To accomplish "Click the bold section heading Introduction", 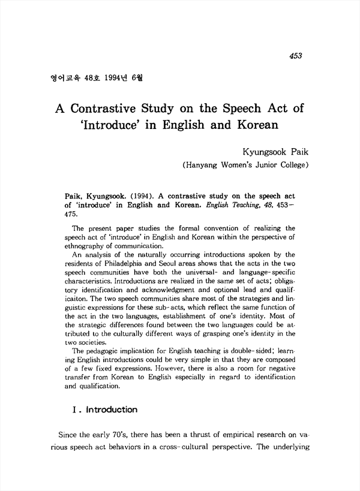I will tap(110, 410).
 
